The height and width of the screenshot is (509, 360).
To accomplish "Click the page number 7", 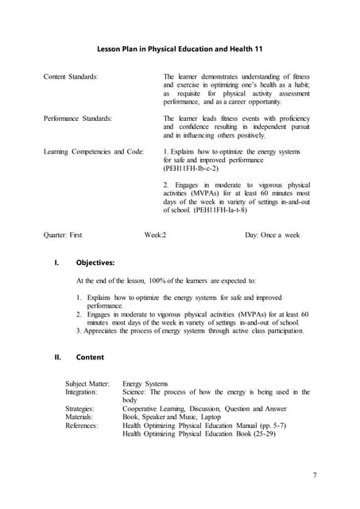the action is [315, 475].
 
